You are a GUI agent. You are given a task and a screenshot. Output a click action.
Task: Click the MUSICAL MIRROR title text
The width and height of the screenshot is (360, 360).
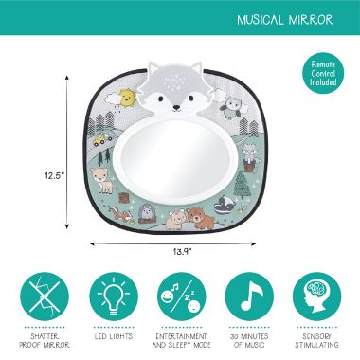click(x=285, y=20)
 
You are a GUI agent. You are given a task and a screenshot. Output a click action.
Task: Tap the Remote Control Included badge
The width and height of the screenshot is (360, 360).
click(x=323, y=73)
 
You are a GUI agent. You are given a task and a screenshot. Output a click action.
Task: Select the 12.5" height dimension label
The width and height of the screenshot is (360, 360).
click(x=54, y=176)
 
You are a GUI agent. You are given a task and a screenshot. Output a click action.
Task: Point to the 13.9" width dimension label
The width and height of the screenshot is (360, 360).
click(x=183, y=252)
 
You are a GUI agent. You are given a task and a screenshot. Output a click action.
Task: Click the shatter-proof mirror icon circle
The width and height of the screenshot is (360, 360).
click(x=45, y=297)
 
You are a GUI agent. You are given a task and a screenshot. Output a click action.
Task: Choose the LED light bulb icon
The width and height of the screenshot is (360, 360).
click(x=114, y=297)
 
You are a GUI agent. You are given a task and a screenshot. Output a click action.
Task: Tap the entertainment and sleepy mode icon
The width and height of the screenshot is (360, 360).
click(x=182, y=297)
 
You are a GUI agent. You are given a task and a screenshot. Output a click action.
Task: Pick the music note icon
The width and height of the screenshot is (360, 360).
click(x=249, y=297)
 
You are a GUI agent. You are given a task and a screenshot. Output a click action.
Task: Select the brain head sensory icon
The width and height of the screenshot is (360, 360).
click(x=316, y=297)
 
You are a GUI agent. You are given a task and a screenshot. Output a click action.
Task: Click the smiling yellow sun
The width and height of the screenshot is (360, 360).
click(x=126, y=98)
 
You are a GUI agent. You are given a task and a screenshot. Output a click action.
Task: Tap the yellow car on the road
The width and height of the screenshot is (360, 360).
click(x=100, y=139)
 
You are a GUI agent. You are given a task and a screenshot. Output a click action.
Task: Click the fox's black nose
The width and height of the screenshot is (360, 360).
click(x=177, y=108)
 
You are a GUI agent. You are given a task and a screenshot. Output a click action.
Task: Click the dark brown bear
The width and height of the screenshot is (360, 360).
click(x=197, y=218)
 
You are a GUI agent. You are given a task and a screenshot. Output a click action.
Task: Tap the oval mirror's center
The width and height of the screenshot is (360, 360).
click(x=177, y=161)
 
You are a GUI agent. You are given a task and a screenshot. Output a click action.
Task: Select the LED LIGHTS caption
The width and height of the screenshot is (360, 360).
click(x=114, y=336)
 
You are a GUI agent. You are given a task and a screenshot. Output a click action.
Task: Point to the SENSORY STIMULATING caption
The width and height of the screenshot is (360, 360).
click(x=316, y=340)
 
